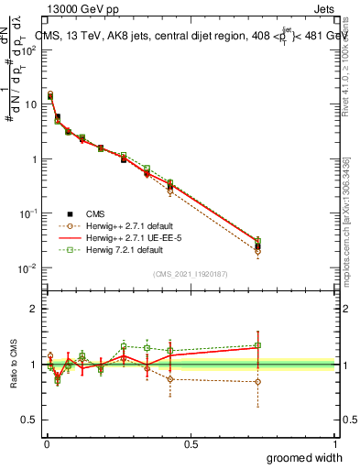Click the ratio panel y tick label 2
pyautogui.click(x=34, y=309)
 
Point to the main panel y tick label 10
pyautogui.click(x=30, y=104)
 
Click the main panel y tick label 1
pyautogui.click(x=34, y=159)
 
